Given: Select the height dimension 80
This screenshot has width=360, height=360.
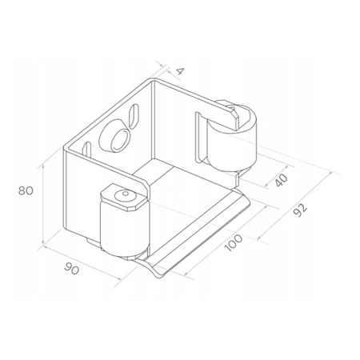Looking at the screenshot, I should click(x=27, y=191).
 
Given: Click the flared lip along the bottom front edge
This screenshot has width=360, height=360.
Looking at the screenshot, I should click(x=204, y=240).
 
